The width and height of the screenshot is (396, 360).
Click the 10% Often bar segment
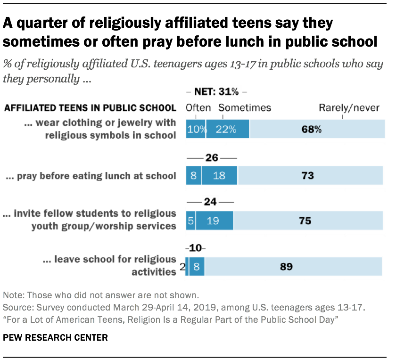click(x=195, y=129)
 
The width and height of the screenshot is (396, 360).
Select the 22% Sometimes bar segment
click(x=228, y=129)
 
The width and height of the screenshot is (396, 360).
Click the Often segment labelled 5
click(x=190, y=221)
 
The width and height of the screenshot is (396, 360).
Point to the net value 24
click(x=210, y=202)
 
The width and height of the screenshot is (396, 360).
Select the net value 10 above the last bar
click(x=195, y=248)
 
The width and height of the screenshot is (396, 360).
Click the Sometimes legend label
click(x=245, y=108)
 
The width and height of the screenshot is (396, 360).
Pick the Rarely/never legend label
click(x=349, y=108)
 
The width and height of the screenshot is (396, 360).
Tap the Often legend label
click(x=198, y=108)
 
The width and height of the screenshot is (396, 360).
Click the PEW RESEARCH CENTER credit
click(x=56, y=337)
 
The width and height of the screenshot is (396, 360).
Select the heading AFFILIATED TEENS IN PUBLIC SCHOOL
click(x=90, y=108)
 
